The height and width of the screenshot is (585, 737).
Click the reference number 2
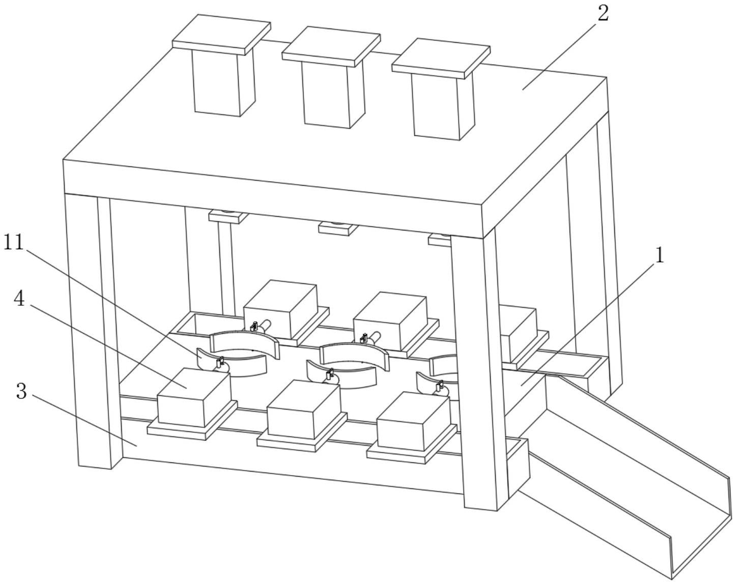(x=603, y=14)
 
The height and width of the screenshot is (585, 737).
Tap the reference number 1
(x=660, y=255)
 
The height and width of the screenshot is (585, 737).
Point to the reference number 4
(x=19, y=299)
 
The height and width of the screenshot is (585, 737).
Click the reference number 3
(x=21, y=391)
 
